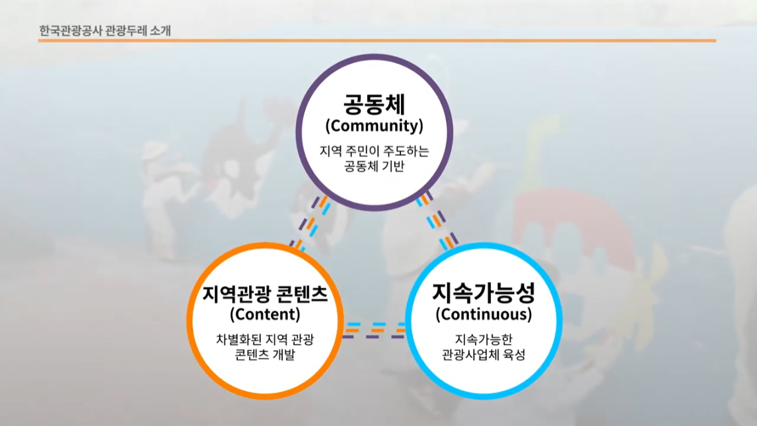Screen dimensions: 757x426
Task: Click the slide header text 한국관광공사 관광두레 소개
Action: coord(105,31)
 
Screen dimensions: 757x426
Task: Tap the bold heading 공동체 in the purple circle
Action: coord(374,104)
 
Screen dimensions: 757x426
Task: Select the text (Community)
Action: coord(374,126)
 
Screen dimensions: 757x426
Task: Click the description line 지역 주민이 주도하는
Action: coord(374,151)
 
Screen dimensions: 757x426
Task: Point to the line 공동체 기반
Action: coord(374,166)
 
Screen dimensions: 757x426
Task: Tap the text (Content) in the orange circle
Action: coord(265,314)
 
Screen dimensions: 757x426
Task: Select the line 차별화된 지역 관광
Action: coord(265,339)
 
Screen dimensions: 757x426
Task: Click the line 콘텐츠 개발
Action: coord(265,355)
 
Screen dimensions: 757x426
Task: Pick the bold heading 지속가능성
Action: coord(484,293)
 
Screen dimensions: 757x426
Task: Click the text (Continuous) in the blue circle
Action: coord(484,314)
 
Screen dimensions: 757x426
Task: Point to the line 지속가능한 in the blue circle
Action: coord(484,339)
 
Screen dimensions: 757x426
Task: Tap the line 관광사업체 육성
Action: coord(484,355)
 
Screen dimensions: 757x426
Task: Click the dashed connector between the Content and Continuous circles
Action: coord(375,330)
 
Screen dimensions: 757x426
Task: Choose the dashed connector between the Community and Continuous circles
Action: coord(437,221)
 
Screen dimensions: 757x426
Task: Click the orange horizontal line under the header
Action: coord(377,40)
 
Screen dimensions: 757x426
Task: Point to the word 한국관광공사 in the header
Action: coord(70,31)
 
